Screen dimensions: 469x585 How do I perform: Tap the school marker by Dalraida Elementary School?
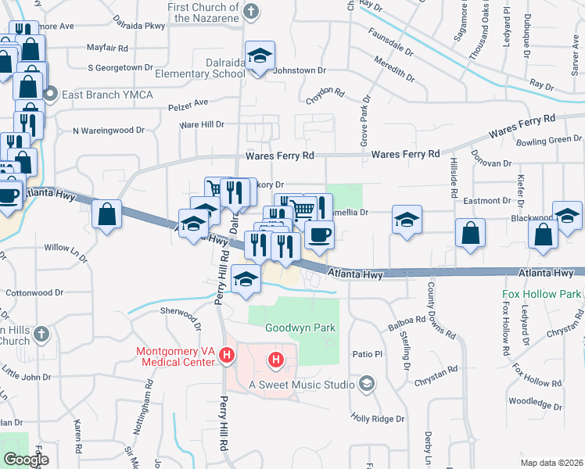pos(260,56)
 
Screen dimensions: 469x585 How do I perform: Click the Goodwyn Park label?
pos(300,328)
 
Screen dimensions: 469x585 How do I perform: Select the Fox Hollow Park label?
pos(543,295)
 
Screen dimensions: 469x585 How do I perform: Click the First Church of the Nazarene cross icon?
pos(250,11)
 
